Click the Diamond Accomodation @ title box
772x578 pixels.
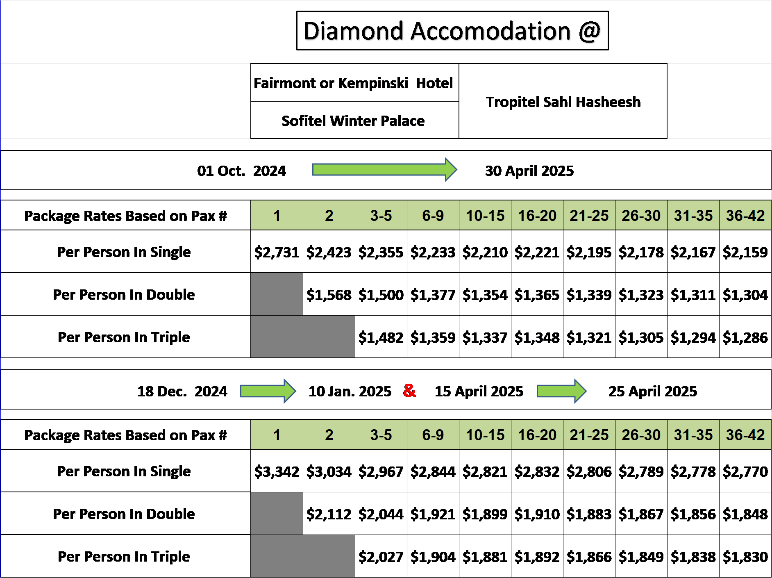[452, 31]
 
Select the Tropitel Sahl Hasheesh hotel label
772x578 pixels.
[563, 102]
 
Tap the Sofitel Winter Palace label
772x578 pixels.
[353, 121]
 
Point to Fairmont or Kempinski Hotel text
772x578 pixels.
[353, 83]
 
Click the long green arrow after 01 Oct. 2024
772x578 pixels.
[384, 169]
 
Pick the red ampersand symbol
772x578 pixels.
[409, 390]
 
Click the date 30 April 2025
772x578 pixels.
[529, 171]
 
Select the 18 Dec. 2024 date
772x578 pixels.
[182, 391]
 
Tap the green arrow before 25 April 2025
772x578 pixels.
[562, 391]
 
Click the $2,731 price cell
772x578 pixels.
[277, 252]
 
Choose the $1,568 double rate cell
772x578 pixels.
[329, 294]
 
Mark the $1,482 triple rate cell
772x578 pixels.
[381, 337]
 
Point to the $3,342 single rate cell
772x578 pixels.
[277, 471]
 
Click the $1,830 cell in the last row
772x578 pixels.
[745, 556]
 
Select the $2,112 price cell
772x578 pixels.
[329, 514]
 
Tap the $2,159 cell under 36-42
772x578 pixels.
[745, 252]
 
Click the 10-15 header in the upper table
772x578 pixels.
[485, 216]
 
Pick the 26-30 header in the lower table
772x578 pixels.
[641, 435]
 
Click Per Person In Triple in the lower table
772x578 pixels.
[124, 556]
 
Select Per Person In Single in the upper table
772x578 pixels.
[124, 252]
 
